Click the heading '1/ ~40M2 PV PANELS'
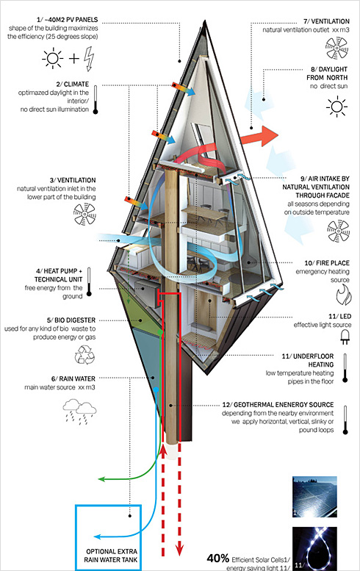pos(68,20)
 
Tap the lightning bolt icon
pos(89,58)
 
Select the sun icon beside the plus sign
pos(53,58)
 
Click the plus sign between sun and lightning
pos(74,58)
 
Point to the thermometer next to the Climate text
pos(96,99)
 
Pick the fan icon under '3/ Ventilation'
pos(84,214)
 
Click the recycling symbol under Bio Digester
pos(84,355)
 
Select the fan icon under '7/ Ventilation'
pos(336,48)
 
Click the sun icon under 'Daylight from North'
pos(336,107)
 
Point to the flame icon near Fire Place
pos(343,295)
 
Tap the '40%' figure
pos(217,558)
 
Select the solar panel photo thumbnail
pos(314,497)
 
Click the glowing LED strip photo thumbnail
pos(314,548)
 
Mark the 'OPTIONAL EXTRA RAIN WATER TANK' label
pos(111,556)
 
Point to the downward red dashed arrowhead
pos(179,550)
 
